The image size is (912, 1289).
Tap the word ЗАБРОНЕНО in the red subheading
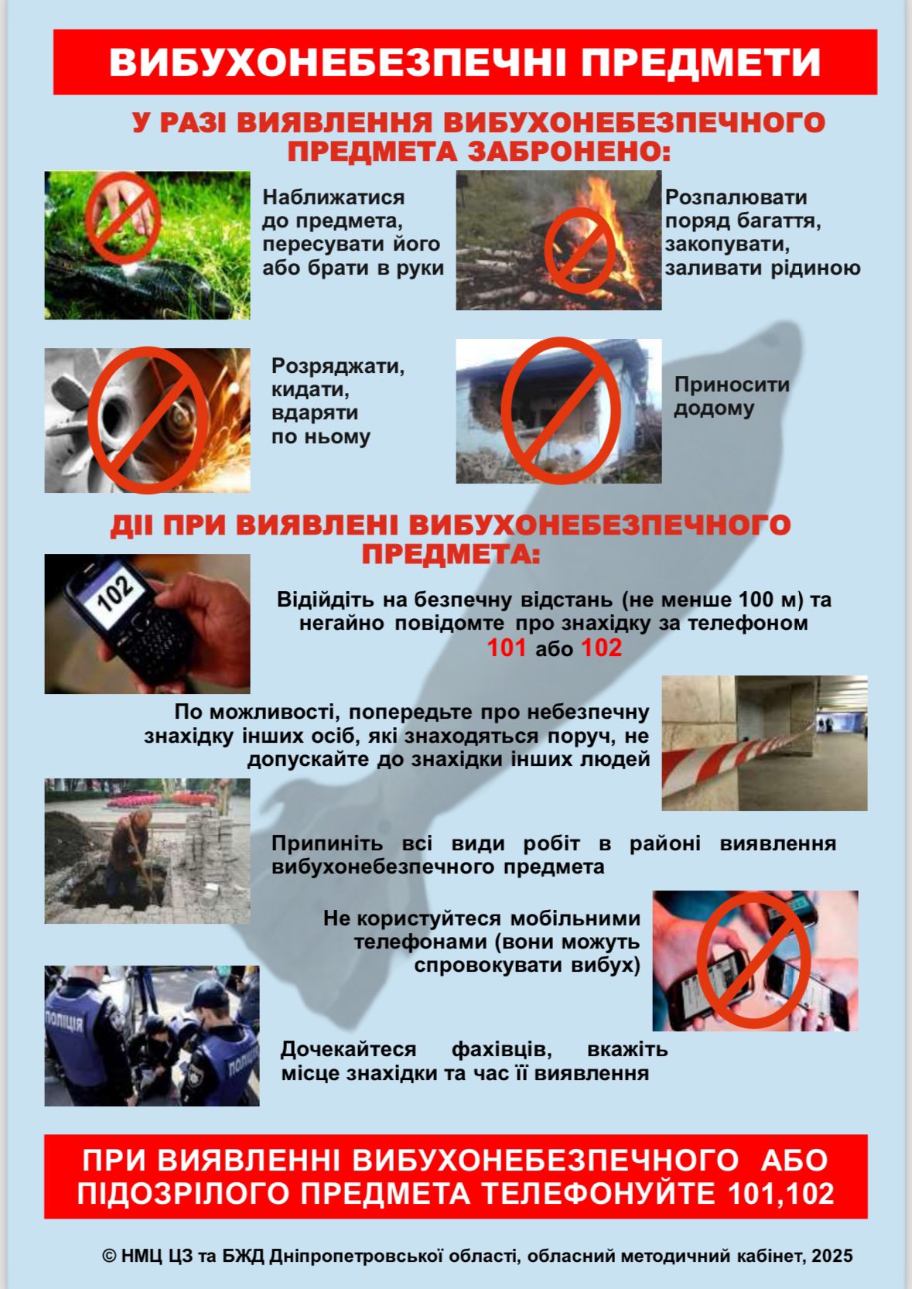point(569,152)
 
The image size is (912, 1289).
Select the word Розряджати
point(338,366)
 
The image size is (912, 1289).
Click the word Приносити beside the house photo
point(731,385)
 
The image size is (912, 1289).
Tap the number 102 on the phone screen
point(116,592)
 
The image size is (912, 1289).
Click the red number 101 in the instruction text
point(507,648)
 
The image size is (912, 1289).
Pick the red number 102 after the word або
point(601,648)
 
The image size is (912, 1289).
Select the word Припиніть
point(327,843)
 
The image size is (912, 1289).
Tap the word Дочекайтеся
point(348,1049)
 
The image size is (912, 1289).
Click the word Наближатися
point(333,197)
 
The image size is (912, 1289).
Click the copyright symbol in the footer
point(109,1256)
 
